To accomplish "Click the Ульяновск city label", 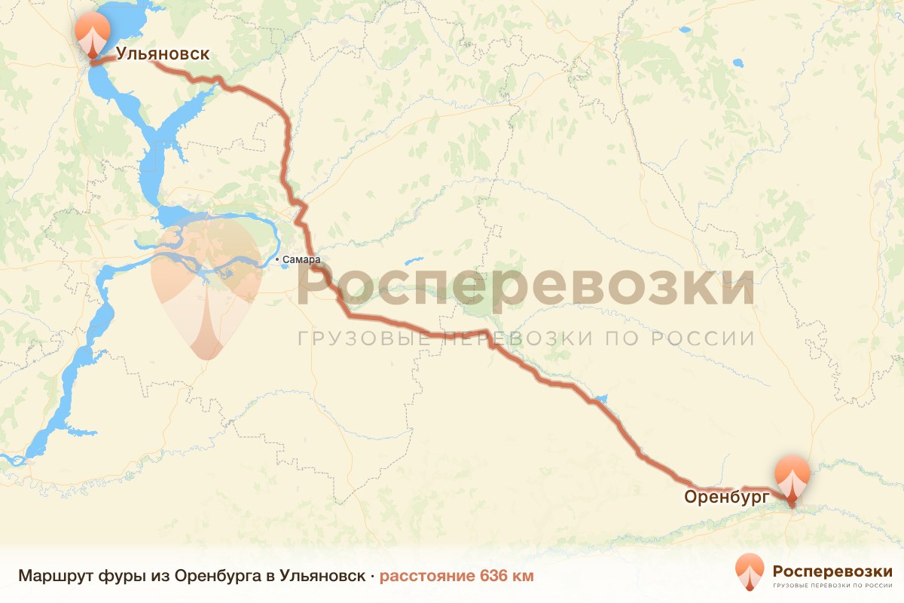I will point(162,54).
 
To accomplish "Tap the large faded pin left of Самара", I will point(206,286).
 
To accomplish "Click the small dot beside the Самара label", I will point(278,260).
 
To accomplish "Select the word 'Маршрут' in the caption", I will point(54,577).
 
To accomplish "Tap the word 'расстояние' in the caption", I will point(426,577).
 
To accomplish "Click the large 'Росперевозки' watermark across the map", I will point(526,286).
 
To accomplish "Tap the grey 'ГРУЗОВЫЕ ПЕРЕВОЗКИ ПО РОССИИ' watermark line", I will point(526,338).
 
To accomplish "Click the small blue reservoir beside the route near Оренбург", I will point(600,399).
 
